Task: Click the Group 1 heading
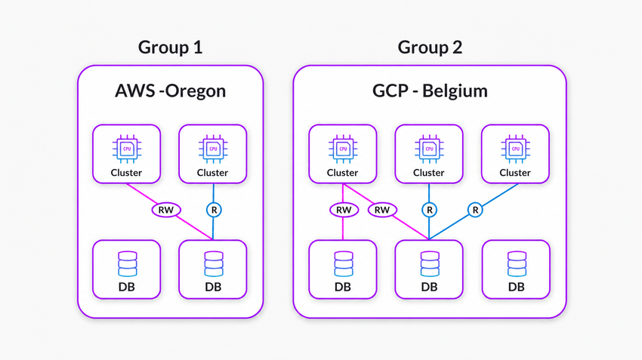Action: [171, 48]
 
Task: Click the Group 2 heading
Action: [430, 48]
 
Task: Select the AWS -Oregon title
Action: [171, 91]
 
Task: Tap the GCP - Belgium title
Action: [430, 91]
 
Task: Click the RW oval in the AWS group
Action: [166, 210]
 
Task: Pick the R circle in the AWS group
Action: [214, 210]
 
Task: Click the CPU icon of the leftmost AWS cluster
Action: [127, 149]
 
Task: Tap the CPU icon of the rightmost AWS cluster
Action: [213, 149]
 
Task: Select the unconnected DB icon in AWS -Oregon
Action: [128, 264]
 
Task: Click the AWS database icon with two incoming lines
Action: [214, 264]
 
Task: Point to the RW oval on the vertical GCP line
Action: [344, 210]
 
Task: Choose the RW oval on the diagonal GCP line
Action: [382, 210]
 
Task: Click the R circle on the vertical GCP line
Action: [429, 210]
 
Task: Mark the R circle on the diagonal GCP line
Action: [475, 210]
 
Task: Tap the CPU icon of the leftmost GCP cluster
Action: [343, 149]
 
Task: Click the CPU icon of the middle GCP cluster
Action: [429, 149]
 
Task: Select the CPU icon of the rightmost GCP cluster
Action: [515, 149]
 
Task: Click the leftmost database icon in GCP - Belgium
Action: [344, 264]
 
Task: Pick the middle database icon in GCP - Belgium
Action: [430, 264]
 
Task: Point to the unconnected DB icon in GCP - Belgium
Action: [517, 264]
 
